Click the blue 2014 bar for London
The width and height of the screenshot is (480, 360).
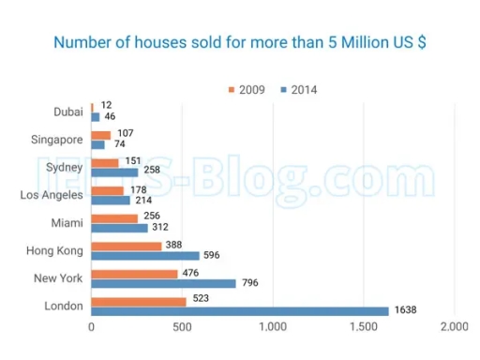[239, 310]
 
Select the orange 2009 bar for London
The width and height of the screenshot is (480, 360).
[138, 301]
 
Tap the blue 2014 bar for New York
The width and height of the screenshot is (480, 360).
[163, 283]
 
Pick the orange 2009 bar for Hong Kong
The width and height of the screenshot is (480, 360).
[127, 247]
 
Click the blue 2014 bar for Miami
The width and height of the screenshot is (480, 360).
[119, 228]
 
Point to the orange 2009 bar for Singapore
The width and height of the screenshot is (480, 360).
[100, 136]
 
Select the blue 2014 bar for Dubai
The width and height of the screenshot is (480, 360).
[95, 117]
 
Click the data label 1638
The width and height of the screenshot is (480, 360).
[404, 311]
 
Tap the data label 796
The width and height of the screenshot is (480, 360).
[249, 283]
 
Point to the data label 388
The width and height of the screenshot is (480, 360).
[175, 246]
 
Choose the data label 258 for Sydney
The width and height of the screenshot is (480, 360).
[150, 172]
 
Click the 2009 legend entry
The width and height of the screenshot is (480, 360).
[247, 90]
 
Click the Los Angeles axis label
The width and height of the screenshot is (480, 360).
[52, 195]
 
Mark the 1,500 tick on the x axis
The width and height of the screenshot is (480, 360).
[363, 327]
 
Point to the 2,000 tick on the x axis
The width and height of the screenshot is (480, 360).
[453, 327]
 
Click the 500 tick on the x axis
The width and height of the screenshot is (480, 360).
[181, 327]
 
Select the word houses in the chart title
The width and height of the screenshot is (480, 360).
[147, 43]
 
